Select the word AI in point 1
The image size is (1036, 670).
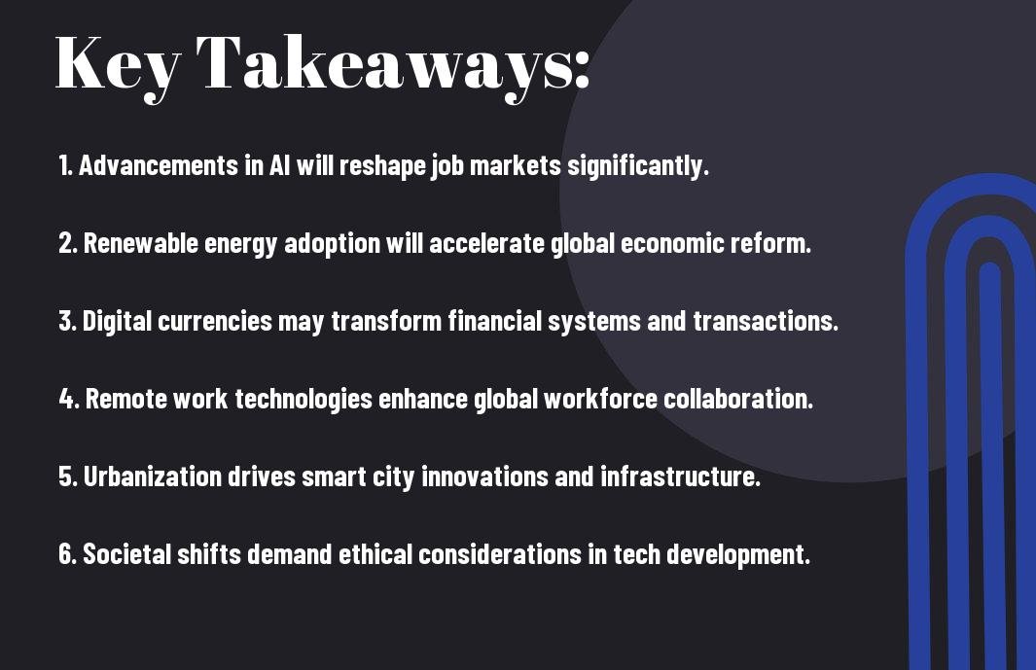point(279,165)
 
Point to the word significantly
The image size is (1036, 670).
point(637,166)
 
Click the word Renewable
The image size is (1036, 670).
point(141,243)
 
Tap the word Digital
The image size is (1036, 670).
point(117,321)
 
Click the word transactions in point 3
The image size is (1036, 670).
point(766,321)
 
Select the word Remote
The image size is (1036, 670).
point(126,399)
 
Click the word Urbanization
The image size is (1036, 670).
point(152,476)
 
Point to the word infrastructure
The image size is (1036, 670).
point(681,476)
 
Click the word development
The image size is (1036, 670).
point(738,555)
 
